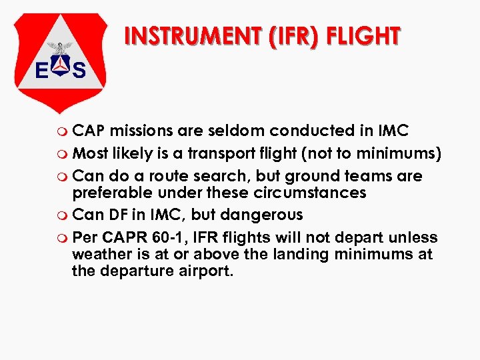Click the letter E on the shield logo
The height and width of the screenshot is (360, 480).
click(41, 71)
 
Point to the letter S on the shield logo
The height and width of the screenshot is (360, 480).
click(79, 71)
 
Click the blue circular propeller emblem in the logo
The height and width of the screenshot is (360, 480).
click(61, 67)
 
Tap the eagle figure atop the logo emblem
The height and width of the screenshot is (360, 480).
click(61, 48)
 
